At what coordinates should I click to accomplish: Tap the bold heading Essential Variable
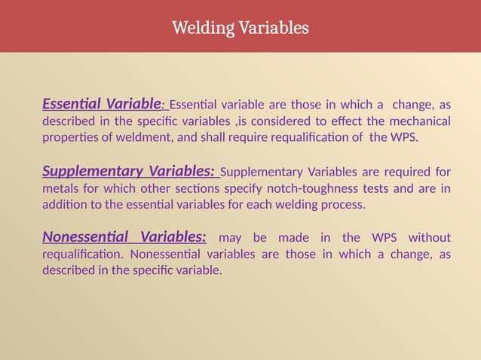(102, 103)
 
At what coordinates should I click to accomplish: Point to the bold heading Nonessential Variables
(124, 236)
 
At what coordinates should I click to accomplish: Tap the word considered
(278, 121)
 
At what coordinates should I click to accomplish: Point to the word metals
(61, 188)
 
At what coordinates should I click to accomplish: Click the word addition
(66, 205)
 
